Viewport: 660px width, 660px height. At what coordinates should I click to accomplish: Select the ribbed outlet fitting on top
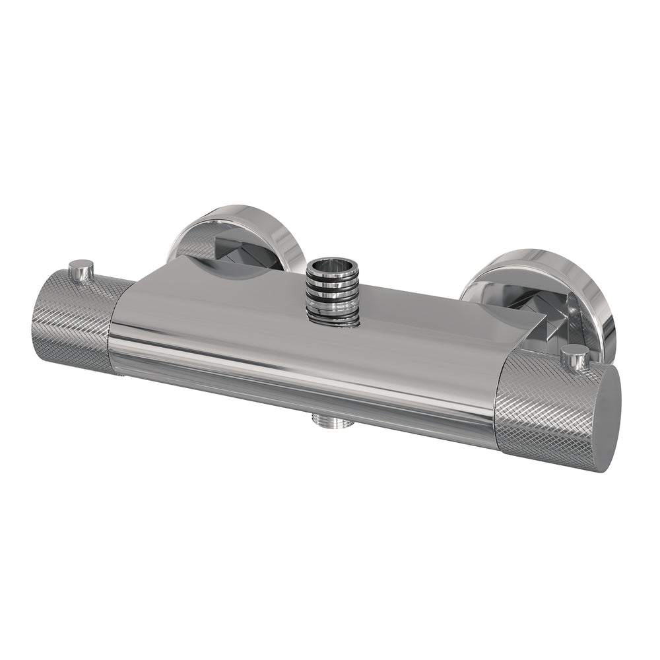pos(334,290)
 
